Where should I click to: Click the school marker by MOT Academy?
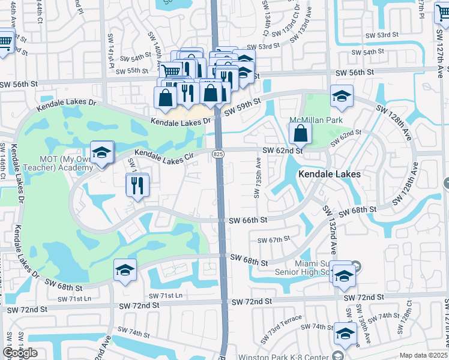(x=102, y=154)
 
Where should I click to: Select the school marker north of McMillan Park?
(x=342, y=97)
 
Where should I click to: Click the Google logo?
(x=20, y=353)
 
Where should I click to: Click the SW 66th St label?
(x=247, y=220)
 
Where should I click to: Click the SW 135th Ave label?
(x=257, y=178)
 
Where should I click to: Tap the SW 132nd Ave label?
(x=330, y=223)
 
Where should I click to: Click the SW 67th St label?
(x=274, y=239)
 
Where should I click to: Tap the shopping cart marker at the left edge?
(x=4, y=42)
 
